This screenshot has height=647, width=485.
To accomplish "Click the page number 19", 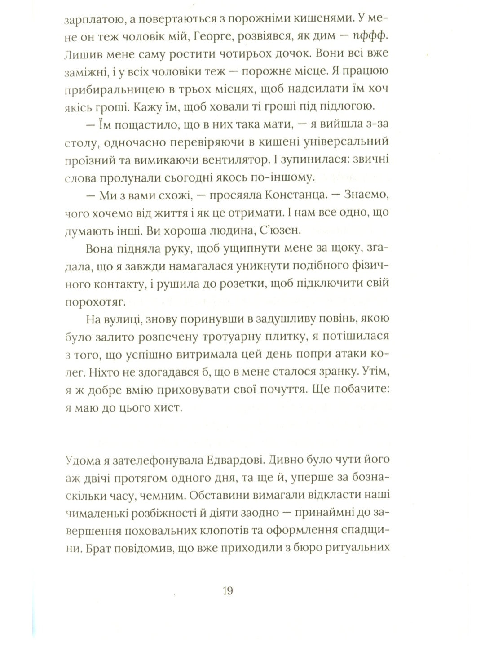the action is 228,590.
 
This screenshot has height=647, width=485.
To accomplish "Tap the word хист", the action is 168,408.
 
